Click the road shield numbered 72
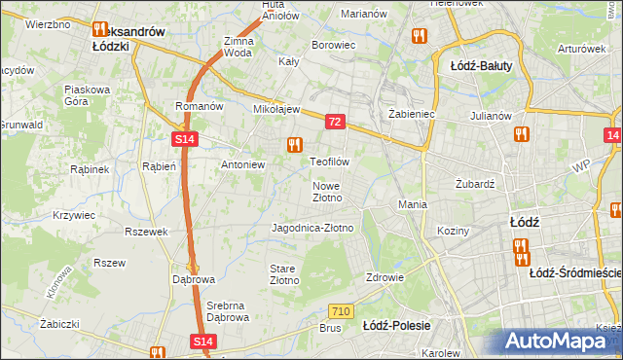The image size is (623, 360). pyautogui.click(x=335, y=122)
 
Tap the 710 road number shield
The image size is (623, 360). pyautogui.click(x=340, y=311)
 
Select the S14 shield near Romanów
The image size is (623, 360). pyautogui.click(x=186, y=140)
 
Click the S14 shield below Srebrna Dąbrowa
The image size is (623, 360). pyautogui.click(x=202, y=342)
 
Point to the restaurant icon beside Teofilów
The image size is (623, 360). pyautogui.click(x=293, y=145)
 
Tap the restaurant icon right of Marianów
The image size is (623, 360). pyautogui.click(x=420, y=36)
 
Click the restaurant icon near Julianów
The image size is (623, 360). pyautogui.click(x=521, y=134)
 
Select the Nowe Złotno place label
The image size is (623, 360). pyautogui.click(x=327, y=192)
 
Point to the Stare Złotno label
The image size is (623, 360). pyautogui.click(x=284, y=273)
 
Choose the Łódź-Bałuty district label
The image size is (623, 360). pyautogui.click(x=482, y=66)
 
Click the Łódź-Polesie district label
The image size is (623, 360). pyautogui.click(x=396, y=325)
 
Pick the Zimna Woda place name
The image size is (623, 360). pyautogui.click(x=238, y=48)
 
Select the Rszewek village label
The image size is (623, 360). pyautogui.click(x=147, y=232)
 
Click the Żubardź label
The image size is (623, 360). pyautogui.click(x=476, y=183)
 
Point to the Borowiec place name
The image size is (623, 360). pyautogui.click(x=332, y=45)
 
